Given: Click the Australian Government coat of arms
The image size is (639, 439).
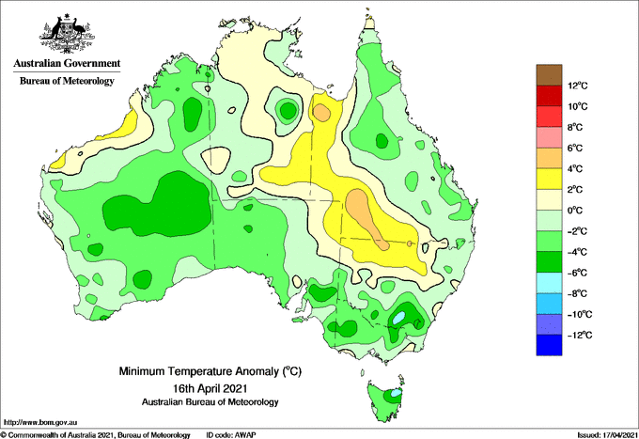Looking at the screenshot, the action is [68, 34].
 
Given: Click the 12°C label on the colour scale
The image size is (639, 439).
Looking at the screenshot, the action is [578, 86].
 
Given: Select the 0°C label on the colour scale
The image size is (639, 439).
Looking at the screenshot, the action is [575, 211].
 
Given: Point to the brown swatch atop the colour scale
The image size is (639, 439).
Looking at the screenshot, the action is [549, 75].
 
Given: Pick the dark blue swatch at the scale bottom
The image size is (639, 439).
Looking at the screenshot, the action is [549, 345].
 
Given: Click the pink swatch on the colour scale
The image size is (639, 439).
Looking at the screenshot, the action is [549, 137].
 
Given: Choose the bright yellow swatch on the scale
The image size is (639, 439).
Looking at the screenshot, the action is [549, 179].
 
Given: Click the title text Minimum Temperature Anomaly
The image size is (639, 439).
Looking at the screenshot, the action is [198, 371].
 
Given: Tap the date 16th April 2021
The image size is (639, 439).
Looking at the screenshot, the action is [210, 387].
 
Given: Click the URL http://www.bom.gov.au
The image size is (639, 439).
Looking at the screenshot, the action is [39, 423].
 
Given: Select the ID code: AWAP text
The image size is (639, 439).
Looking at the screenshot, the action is [231, 435].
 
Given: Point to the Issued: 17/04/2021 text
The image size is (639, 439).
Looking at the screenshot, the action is [607, 435].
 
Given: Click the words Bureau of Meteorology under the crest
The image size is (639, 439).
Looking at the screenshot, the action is [67, 81].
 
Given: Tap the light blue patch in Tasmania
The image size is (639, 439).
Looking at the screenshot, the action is [396, 394].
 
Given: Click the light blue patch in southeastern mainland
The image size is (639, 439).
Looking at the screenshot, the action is [399, 318].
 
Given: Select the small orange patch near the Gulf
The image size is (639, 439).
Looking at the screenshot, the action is [322, 113].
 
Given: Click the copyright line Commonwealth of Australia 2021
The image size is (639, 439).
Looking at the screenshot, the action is [95, 435].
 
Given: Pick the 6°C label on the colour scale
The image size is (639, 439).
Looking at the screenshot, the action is [575, 149].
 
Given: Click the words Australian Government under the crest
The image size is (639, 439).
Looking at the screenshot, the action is [67, 63].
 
